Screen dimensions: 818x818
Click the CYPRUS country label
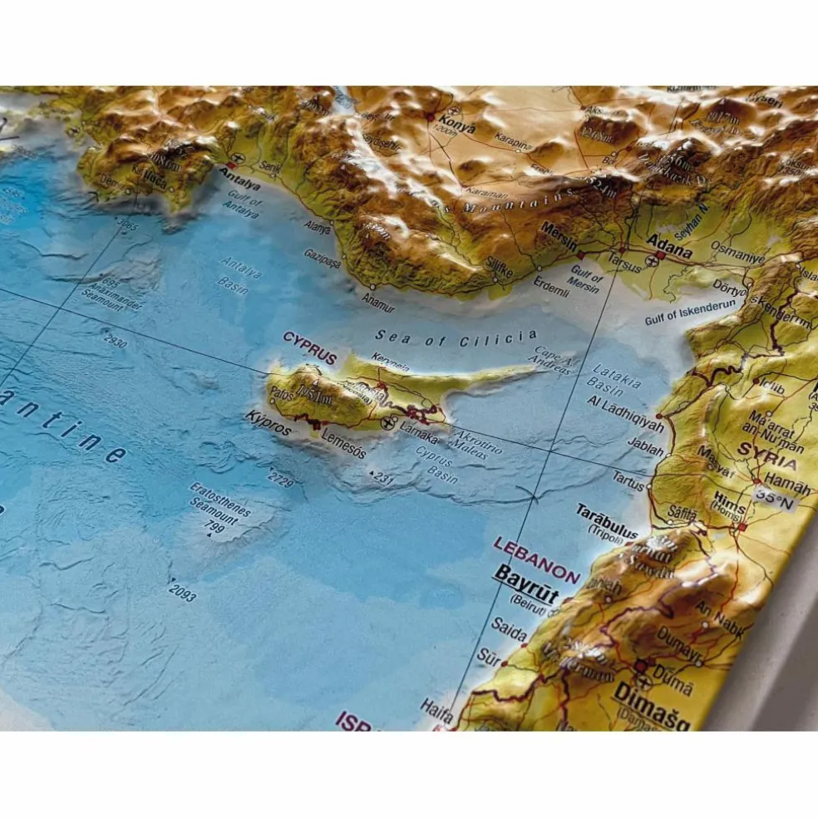pos(309,347)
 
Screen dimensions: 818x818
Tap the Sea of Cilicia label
pos(456,338)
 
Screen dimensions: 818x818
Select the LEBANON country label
pos(536,560)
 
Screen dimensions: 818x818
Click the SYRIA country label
pos(766,459)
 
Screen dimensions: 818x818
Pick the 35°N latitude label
pos(775,497)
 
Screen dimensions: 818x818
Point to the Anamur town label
pos(378,303)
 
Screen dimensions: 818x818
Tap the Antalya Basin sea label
pos(237,274)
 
